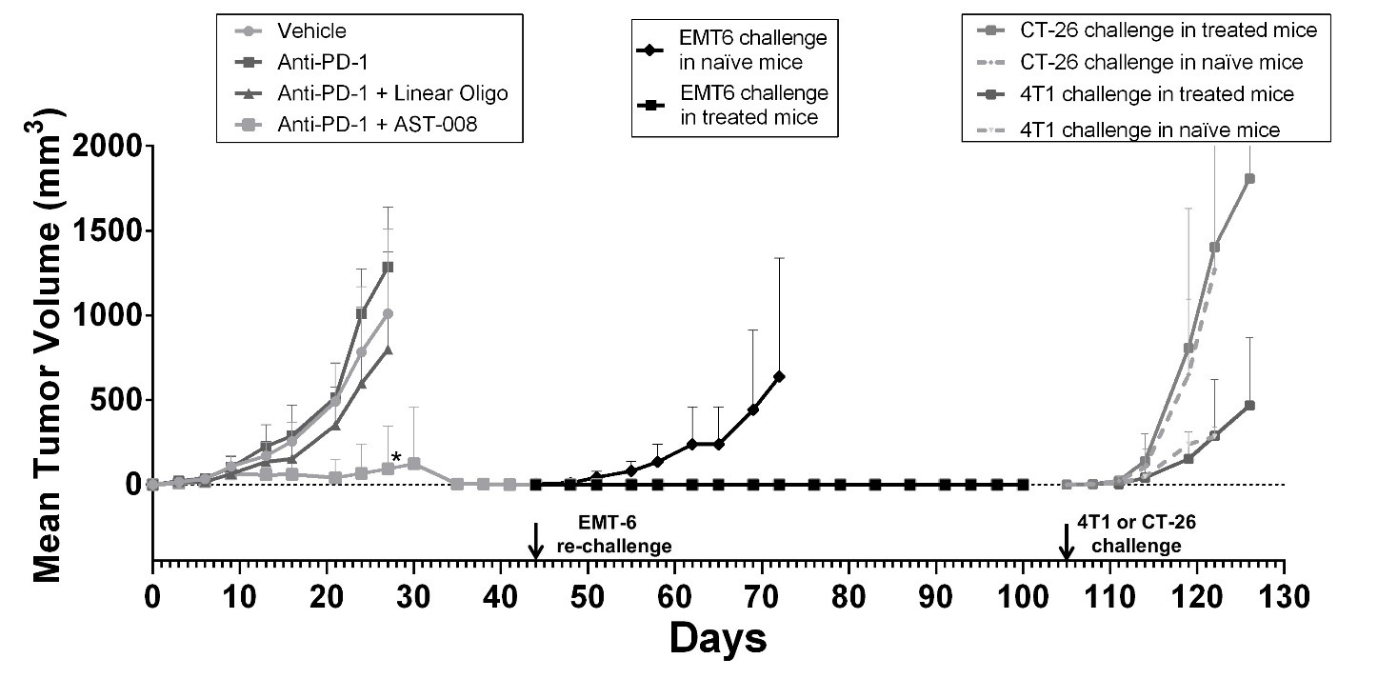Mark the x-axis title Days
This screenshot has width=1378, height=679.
coord(717,637)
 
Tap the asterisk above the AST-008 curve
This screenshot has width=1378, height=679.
coord(395,458)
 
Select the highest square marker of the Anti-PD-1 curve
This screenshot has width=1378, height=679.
coord(388,267)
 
